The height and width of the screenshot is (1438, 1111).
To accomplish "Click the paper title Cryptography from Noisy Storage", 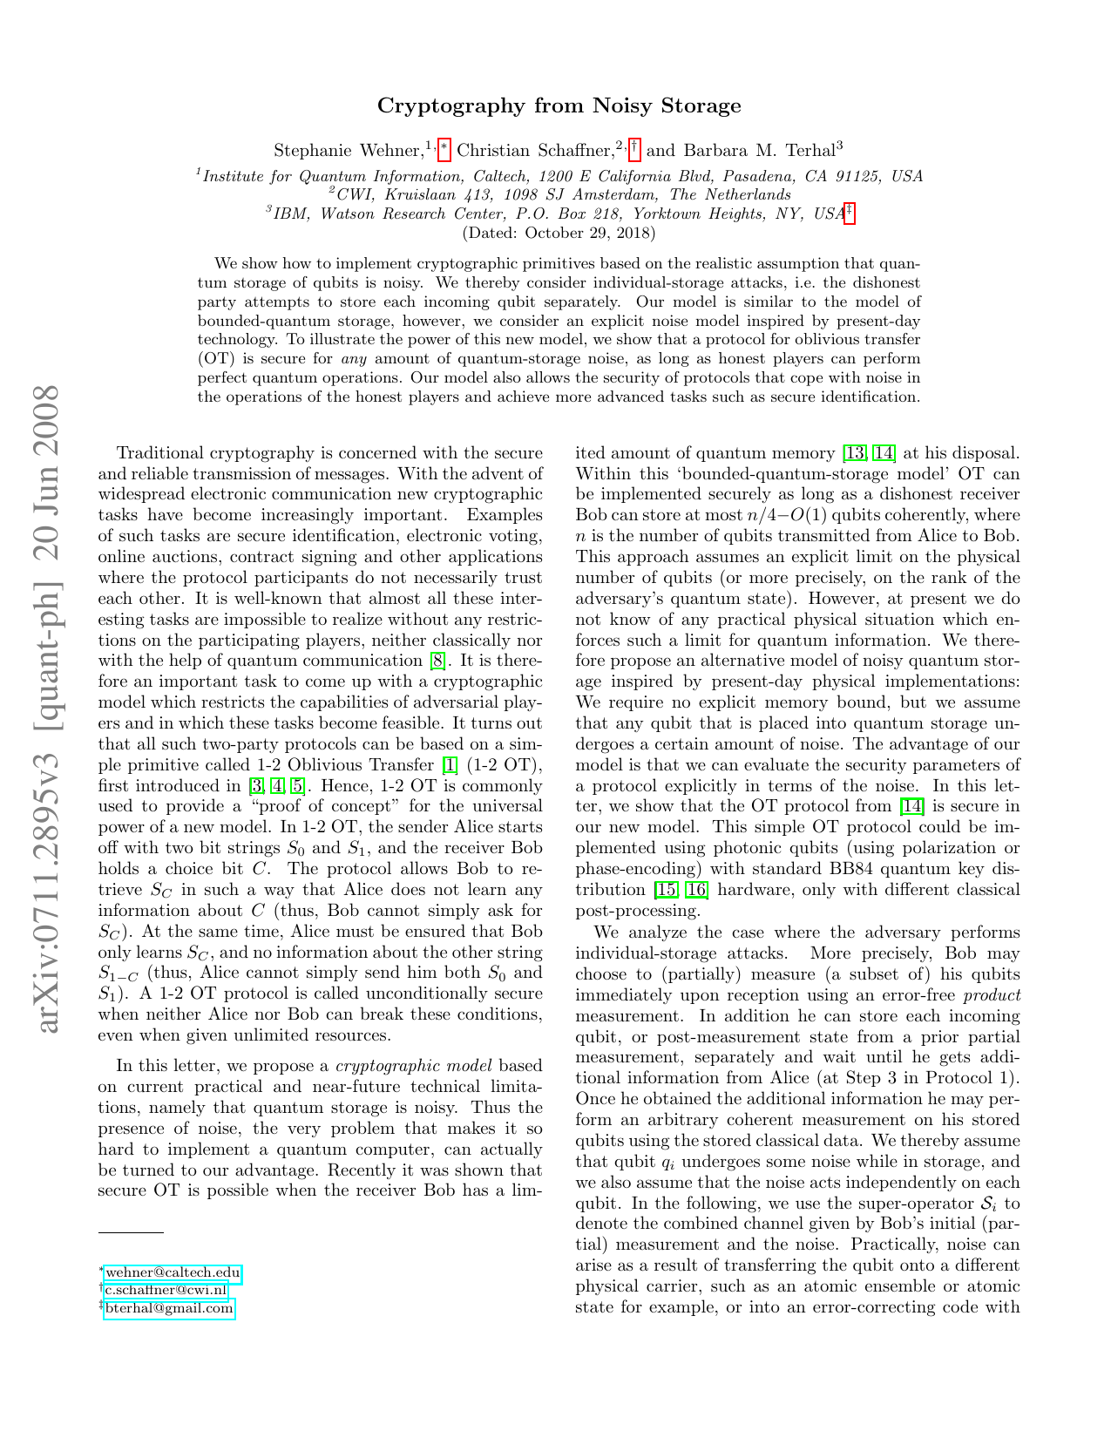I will click(x=559, y=106).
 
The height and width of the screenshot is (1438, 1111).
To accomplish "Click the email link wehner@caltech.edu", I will click(x=173, y=1273).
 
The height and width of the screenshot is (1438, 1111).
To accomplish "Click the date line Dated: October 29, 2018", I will click(x=559, y=233).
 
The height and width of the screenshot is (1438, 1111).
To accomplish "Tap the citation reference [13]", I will click(x=853, y=453).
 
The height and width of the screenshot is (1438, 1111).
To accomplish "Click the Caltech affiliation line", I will click(x=559, y=176).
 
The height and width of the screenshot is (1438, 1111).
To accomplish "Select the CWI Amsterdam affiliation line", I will click(x=559, y=194).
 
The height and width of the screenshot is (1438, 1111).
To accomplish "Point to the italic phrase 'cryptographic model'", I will click(x=414, y=1066).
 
